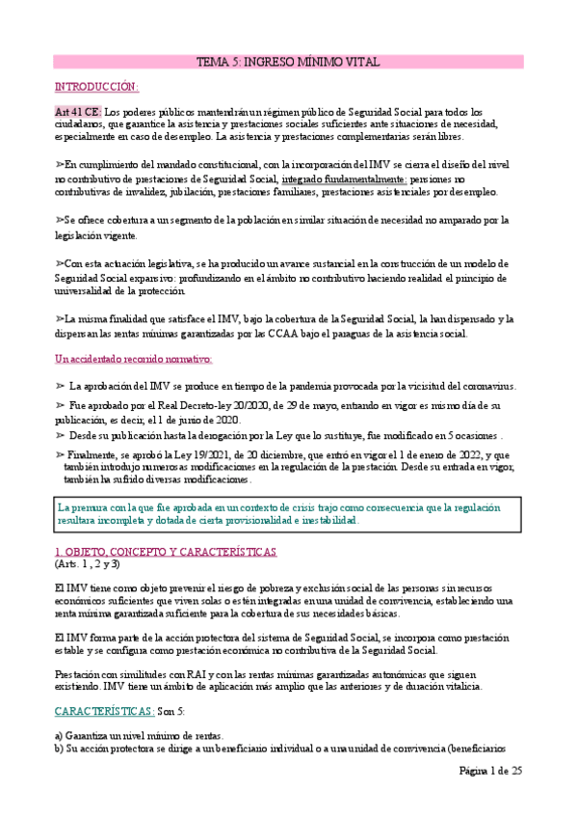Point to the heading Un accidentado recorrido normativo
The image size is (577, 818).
[x=133, y=359]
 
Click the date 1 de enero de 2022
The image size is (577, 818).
[x=435, y=454]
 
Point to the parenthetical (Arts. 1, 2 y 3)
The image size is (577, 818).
[x=88, y=564]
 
